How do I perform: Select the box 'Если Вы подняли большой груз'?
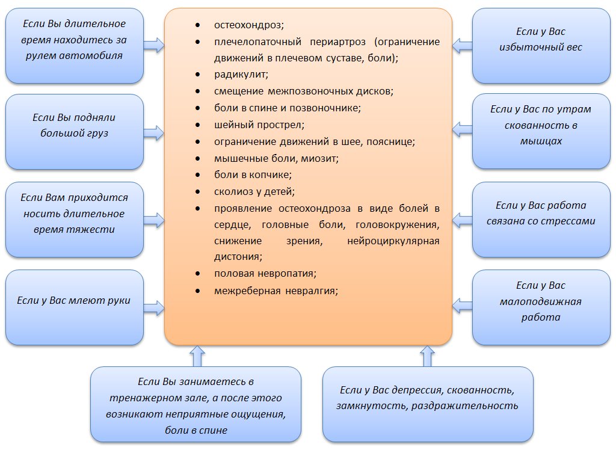click(x=74, y=132)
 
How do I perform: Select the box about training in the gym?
click(x=196, y=404)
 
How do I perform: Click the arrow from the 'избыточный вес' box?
click(x=462, y=45)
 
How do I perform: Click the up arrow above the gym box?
click(x=196, y=356)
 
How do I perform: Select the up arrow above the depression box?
click(x=427, y=356)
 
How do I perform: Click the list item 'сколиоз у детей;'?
click(x=254, y=192)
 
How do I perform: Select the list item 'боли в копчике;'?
click(x=253, y=175)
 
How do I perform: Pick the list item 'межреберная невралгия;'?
click(x=276, y=291)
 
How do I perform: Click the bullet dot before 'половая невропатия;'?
click(x=199, y=274)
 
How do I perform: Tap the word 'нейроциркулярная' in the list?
click(x=393, y=241)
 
